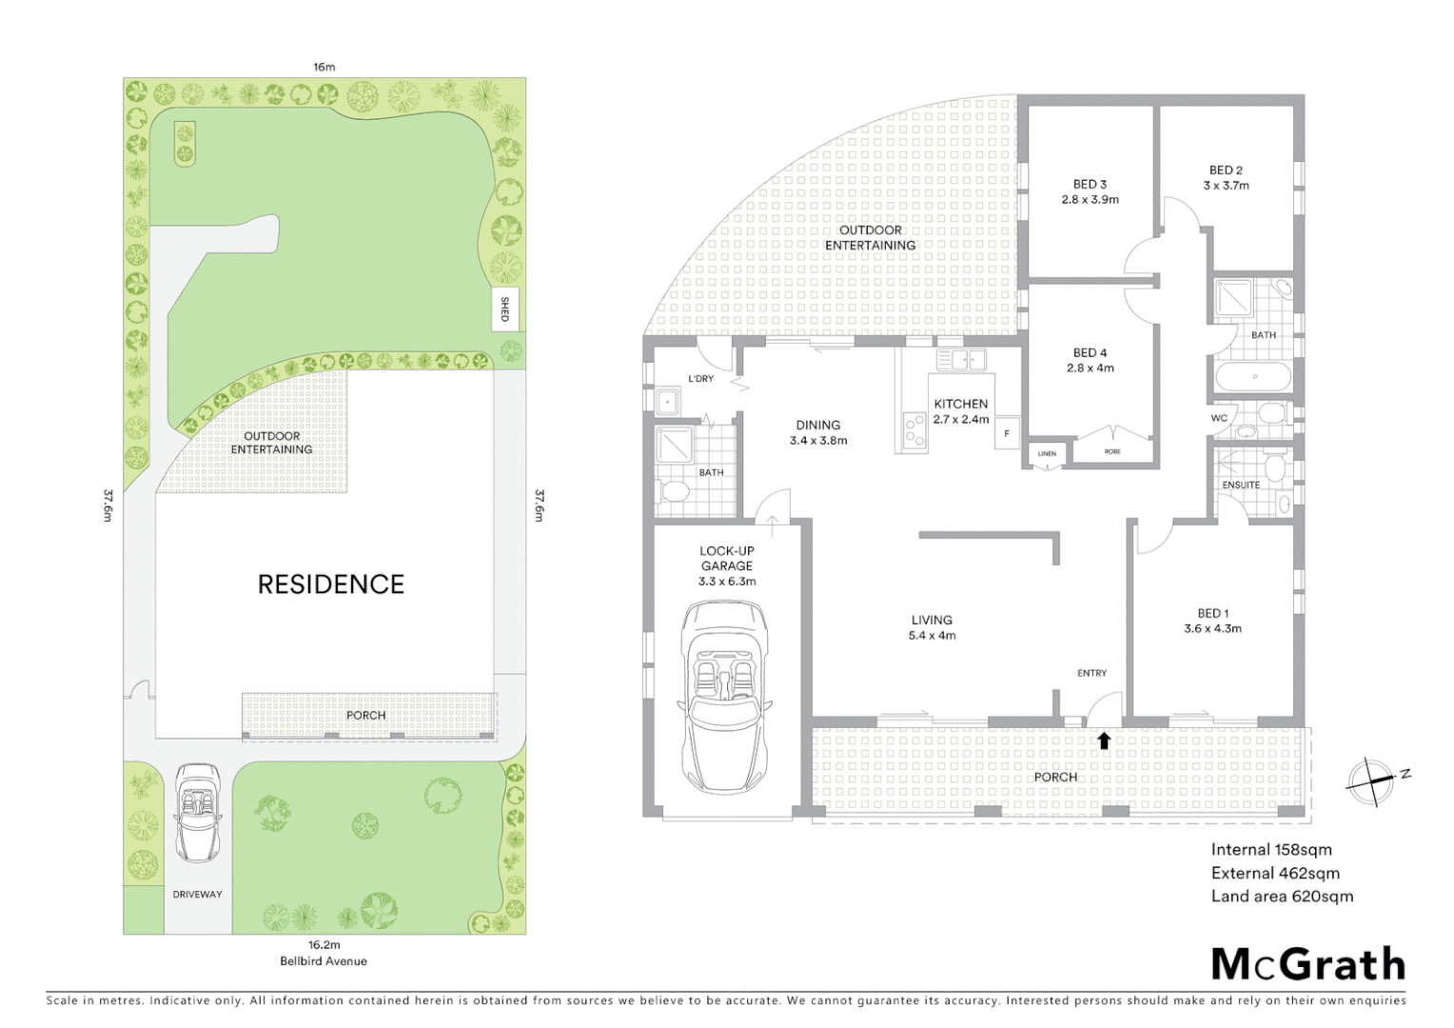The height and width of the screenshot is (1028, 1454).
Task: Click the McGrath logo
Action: [x=1308, y=964]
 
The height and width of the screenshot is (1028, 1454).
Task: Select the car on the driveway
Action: [x=198, y=811]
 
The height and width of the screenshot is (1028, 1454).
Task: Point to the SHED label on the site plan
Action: [x=505, y=309]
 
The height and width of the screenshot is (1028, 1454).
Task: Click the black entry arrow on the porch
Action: [x=1104, y=741]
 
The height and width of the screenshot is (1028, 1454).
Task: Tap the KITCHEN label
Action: [x=960, y=404]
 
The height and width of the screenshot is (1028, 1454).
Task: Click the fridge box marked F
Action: [x=1007, y=434]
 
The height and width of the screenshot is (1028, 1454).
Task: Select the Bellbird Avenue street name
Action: [x=324, y=961]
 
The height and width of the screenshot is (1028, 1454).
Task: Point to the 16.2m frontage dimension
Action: [x=324, y=945]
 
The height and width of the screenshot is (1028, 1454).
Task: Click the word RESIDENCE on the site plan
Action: [x=331, y=584]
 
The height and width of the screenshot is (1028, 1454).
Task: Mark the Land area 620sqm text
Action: [x=1282, y=896]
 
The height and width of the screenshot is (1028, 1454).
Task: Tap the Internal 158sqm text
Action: [x=1271, y=850]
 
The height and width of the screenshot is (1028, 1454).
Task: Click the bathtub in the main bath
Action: [x=1254, y=376]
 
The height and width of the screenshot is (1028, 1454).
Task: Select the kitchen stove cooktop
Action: [x=914, y=431]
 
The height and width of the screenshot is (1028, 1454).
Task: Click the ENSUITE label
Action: [x=1241, y=484]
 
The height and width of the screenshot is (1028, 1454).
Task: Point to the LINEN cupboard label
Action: [x=1047, y=454]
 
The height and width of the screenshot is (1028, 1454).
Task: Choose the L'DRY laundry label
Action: [x=700, y=379]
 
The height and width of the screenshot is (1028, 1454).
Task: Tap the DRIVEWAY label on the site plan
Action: [x=198, y=894]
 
